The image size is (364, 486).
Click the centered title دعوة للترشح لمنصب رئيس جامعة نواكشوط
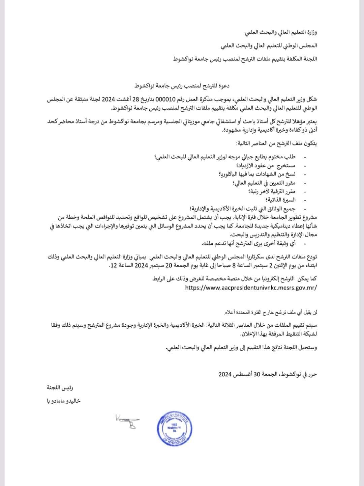[x=182, y=86]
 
